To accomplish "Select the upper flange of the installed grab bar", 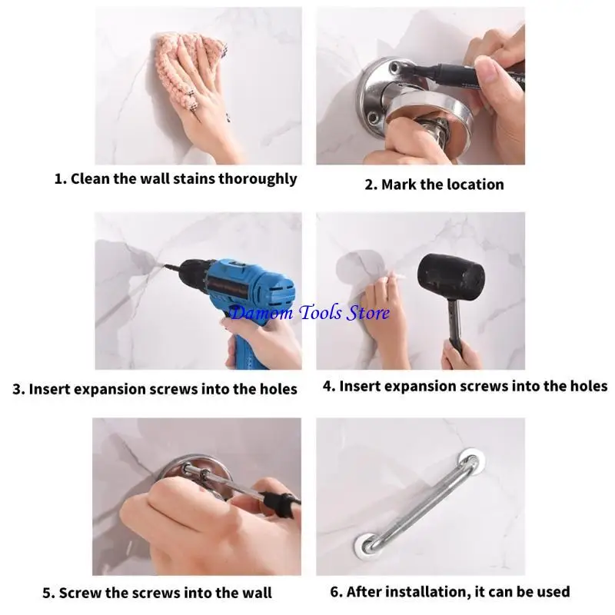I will pos(467,464).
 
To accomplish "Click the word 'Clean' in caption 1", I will pos(91,179).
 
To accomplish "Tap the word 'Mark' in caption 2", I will pos(399,184).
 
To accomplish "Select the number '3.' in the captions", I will pos(18,389).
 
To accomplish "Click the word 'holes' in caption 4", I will pos(586,386).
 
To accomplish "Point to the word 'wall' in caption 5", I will pos(255,593).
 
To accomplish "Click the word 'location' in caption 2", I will pos(474,184).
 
